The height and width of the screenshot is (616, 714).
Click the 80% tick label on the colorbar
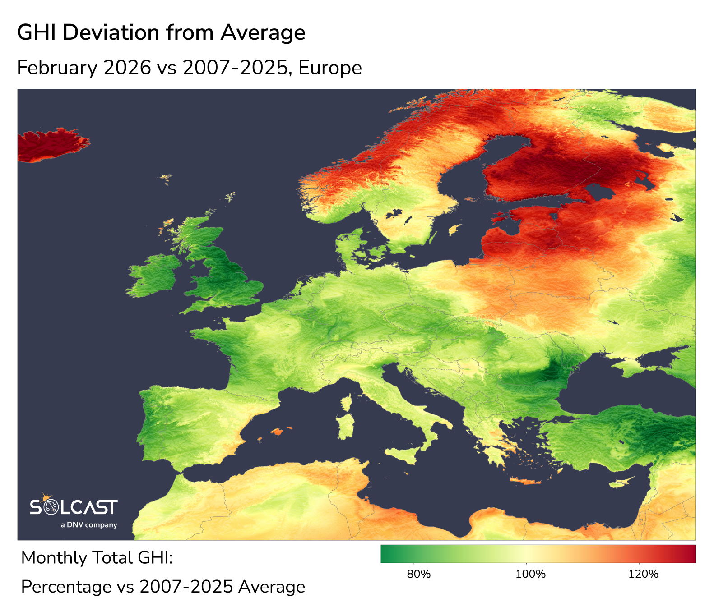(418, 574)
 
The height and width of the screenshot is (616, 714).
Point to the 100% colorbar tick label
(531, 574)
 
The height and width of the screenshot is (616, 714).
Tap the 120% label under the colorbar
(643, 574)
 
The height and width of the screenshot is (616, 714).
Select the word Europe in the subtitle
(330, 68)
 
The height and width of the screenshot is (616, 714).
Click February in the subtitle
(57, 68)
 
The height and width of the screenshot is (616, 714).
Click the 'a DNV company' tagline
(89, 525)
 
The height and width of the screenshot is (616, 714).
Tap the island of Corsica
(347, 402)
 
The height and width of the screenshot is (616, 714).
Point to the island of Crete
(526, 482)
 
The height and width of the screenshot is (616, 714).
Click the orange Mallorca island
(276, 432)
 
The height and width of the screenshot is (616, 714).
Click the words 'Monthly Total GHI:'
(97, 558)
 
